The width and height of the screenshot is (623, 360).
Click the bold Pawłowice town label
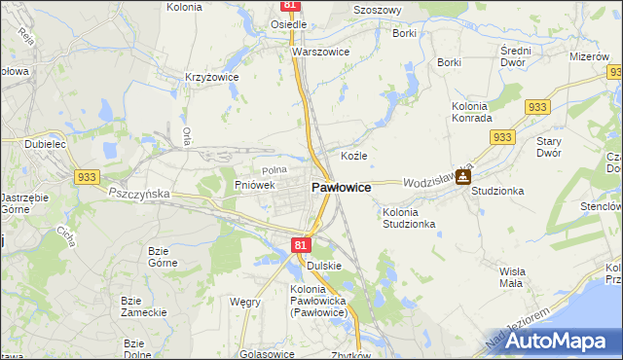point(340,187)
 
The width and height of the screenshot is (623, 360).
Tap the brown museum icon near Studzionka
point(462,176)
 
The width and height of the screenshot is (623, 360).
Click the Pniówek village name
point(255,184)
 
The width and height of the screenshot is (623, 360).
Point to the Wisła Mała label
point(512,277)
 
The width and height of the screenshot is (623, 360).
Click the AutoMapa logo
point(555,340)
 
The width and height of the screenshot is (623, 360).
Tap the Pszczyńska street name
point(138,194)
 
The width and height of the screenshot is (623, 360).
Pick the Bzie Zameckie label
point(143,306)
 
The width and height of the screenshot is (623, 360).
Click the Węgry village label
point(244,302)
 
